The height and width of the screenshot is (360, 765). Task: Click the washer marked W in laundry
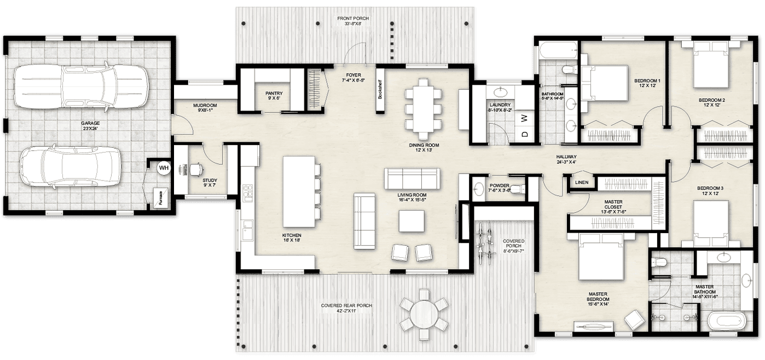(x=524, y=118)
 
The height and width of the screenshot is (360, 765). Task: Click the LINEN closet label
(x=581, y=182)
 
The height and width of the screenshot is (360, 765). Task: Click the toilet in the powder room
(x=520, y=189)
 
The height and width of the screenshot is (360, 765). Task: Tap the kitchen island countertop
(x=298, y=191)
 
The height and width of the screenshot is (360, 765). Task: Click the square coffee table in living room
(x=412, y=222)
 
